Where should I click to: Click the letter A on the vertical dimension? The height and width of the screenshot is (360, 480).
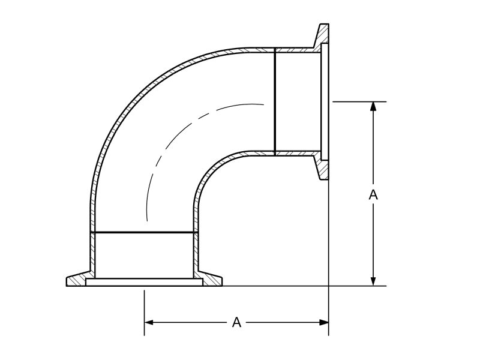(373, 194)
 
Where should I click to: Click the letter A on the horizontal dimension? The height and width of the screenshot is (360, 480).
(237, 323)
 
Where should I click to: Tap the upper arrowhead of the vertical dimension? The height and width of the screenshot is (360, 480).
(373, 106)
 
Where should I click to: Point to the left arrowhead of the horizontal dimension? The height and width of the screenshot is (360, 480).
(149, 323)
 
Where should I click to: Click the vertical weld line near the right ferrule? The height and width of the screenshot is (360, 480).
(274, 102)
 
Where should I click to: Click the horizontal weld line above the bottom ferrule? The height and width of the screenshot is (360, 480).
(144, 232)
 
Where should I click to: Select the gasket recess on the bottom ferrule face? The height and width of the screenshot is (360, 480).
(144, 281)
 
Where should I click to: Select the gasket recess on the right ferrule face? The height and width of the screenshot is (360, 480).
(324, 102)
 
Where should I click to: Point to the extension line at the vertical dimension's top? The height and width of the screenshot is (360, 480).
(354, 101)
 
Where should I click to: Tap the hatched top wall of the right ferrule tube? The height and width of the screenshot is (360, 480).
(294, 48)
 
